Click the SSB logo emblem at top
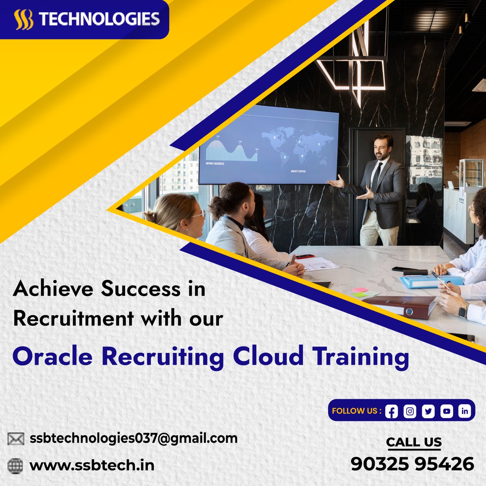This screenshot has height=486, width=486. pyautogui.click(x=23, y=20)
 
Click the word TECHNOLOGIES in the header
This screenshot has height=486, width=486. pyautogui.click(x=99, y=19)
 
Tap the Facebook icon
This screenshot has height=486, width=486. pyautogui.click(x=391, y=411)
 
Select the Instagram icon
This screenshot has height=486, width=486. pyautogui.click(x=410, y=411)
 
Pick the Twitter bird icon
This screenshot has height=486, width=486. pyautogui.click(x=428, y=411)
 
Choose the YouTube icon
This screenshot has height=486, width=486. pyautogui.click(x=446, y=411)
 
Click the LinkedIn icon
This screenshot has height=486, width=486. pyautogui.click(x=465, y=411)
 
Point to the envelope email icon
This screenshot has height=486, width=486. pyautogui.click(x=16, y=439)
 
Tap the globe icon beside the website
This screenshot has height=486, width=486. pyautogui.click(x=16, y=465)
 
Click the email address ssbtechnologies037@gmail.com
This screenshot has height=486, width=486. pyautogui.click(x=134, y=438)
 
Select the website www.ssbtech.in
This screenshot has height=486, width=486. pyautogui.click(x=92, y=465)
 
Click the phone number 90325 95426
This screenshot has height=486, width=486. pyautogui.click(x=412, y=464)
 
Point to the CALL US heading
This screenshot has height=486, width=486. pyautogui.click(x=414, y=442)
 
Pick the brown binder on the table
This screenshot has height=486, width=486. pyautogui.click(x=399, y=306)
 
